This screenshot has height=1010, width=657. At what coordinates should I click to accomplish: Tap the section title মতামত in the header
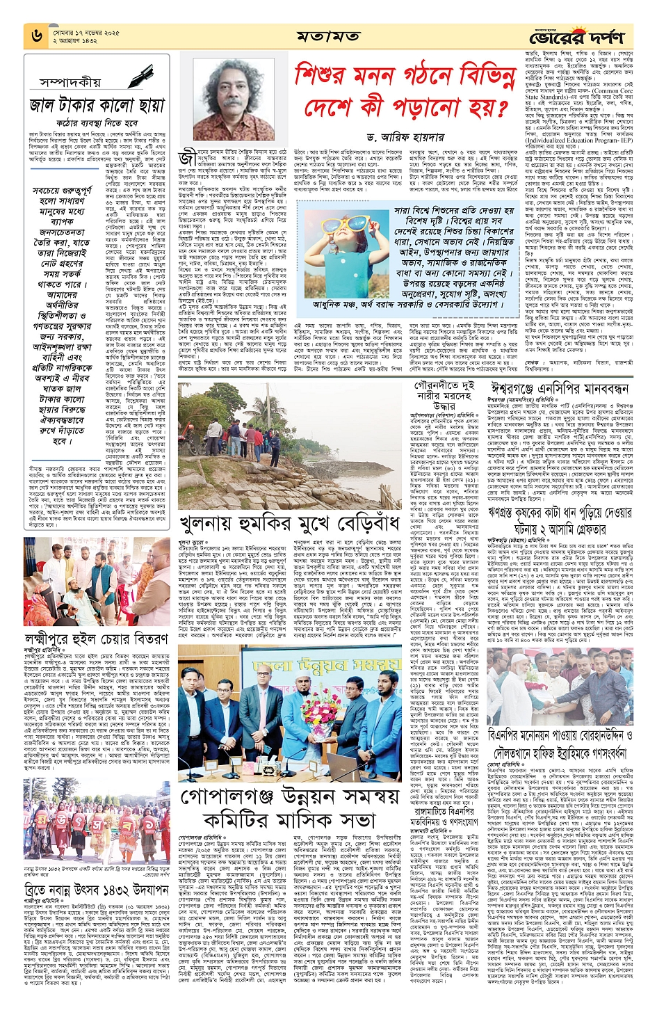[x=327, y=35]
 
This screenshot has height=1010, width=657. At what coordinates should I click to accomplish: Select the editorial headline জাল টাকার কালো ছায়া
[x=97, y=106]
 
